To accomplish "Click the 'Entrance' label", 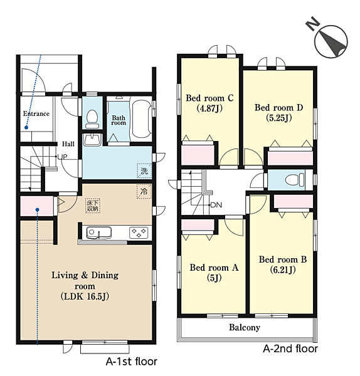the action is coord(36,113).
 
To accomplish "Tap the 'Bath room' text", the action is coord(119,120).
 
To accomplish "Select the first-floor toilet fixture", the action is coord(92,119).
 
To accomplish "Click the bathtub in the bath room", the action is coord(142,119).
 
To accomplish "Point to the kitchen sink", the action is coord(99,232).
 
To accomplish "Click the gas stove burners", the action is coord(139,232).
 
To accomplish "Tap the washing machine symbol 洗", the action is coord(144,170).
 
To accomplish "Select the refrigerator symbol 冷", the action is coord(144,191).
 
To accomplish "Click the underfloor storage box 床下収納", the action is coord(93,206).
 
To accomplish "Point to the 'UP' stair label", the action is coord(62,157).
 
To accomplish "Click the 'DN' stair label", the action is coord(216,205).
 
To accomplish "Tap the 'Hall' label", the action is coord(68,144).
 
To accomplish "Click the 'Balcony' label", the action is coord(245,328).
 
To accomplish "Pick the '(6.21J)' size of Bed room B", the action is coord(283,270).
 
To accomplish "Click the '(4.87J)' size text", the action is coord(209,108).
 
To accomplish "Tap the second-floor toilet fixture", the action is coord(295,180).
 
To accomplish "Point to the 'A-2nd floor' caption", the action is coord(290,348).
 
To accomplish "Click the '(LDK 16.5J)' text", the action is coord(85,296).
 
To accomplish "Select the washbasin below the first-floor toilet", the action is coord(92,140).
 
